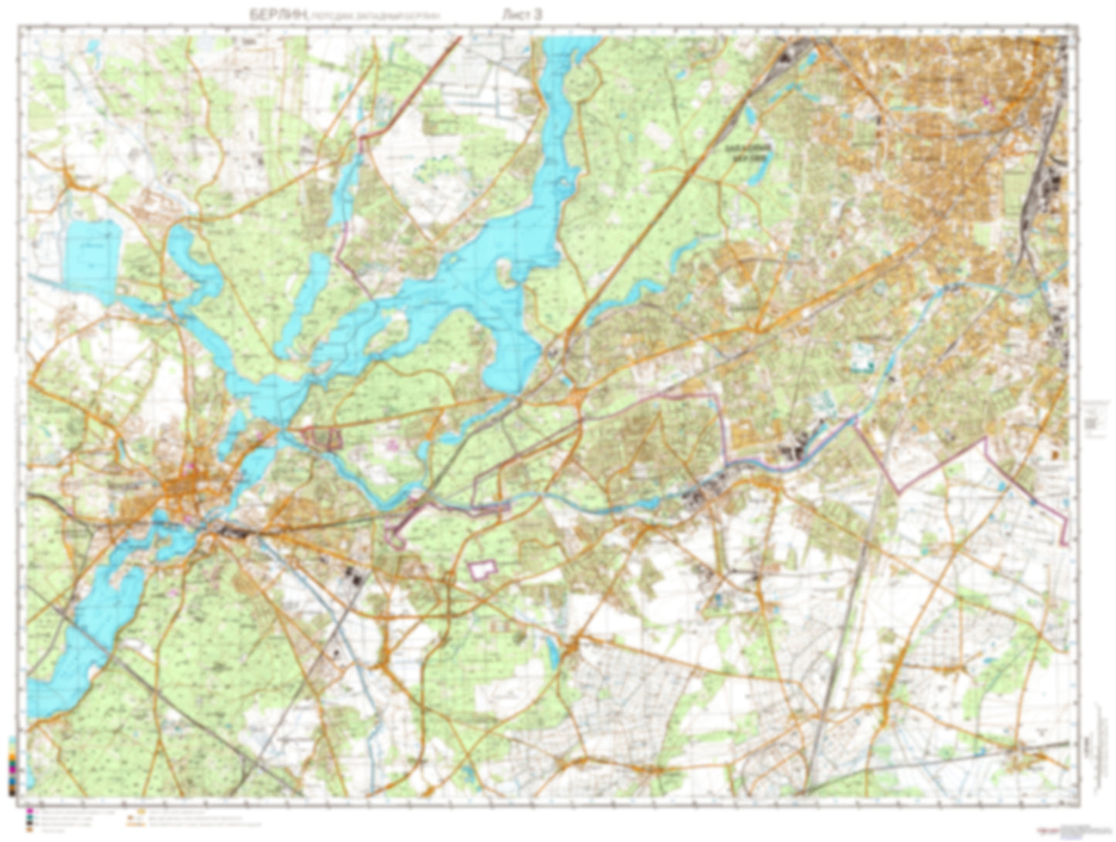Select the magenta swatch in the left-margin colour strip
pos(12,770)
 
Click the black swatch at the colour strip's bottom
pos(12,793)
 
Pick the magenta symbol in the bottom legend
pos(29,810)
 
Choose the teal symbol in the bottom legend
pos(29,817)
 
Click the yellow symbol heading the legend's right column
pos(141,811)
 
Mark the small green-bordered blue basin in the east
pos(862,357)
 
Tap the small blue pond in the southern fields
pos(552,653)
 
